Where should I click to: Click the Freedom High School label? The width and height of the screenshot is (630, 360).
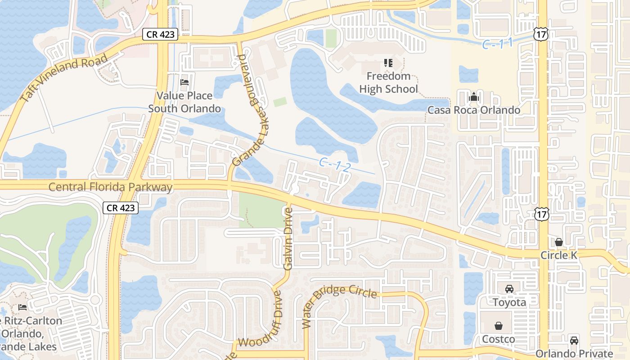point(388,82)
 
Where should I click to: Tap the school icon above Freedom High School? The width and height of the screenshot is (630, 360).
point(388,63)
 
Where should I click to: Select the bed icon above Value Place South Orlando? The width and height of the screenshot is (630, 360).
point(184,82)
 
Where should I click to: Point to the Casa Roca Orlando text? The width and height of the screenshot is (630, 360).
point(474,110)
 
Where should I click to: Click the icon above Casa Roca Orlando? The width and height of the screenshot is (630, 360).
point(473,97)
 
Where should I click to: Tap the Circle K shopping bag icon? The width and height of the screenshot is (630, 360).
point(559,242)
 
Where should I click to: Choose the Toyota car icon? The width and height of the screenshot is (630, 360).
point(509,289)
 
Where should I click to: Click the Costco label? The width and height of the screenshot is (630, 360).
point(499,339)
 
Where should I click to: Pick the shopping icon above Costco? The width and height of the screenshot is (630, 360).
point(499,325)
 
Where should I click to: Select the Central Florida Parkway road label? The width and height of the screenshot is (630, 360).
point(110,187)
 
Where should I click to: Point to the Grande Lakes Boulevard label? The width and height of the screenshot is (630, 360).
point(247,110)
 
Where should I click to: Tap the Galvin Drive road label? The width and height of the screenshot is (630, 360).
point(288,238)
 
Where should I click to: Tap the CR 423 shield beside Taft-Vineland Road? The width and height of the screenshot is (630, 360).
point(161,34)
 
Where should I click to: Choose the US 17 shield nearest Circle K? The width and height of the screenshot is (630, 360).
point(542,215)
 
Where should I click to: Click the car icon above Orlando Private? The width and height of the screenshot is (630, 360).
point(574,340)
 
